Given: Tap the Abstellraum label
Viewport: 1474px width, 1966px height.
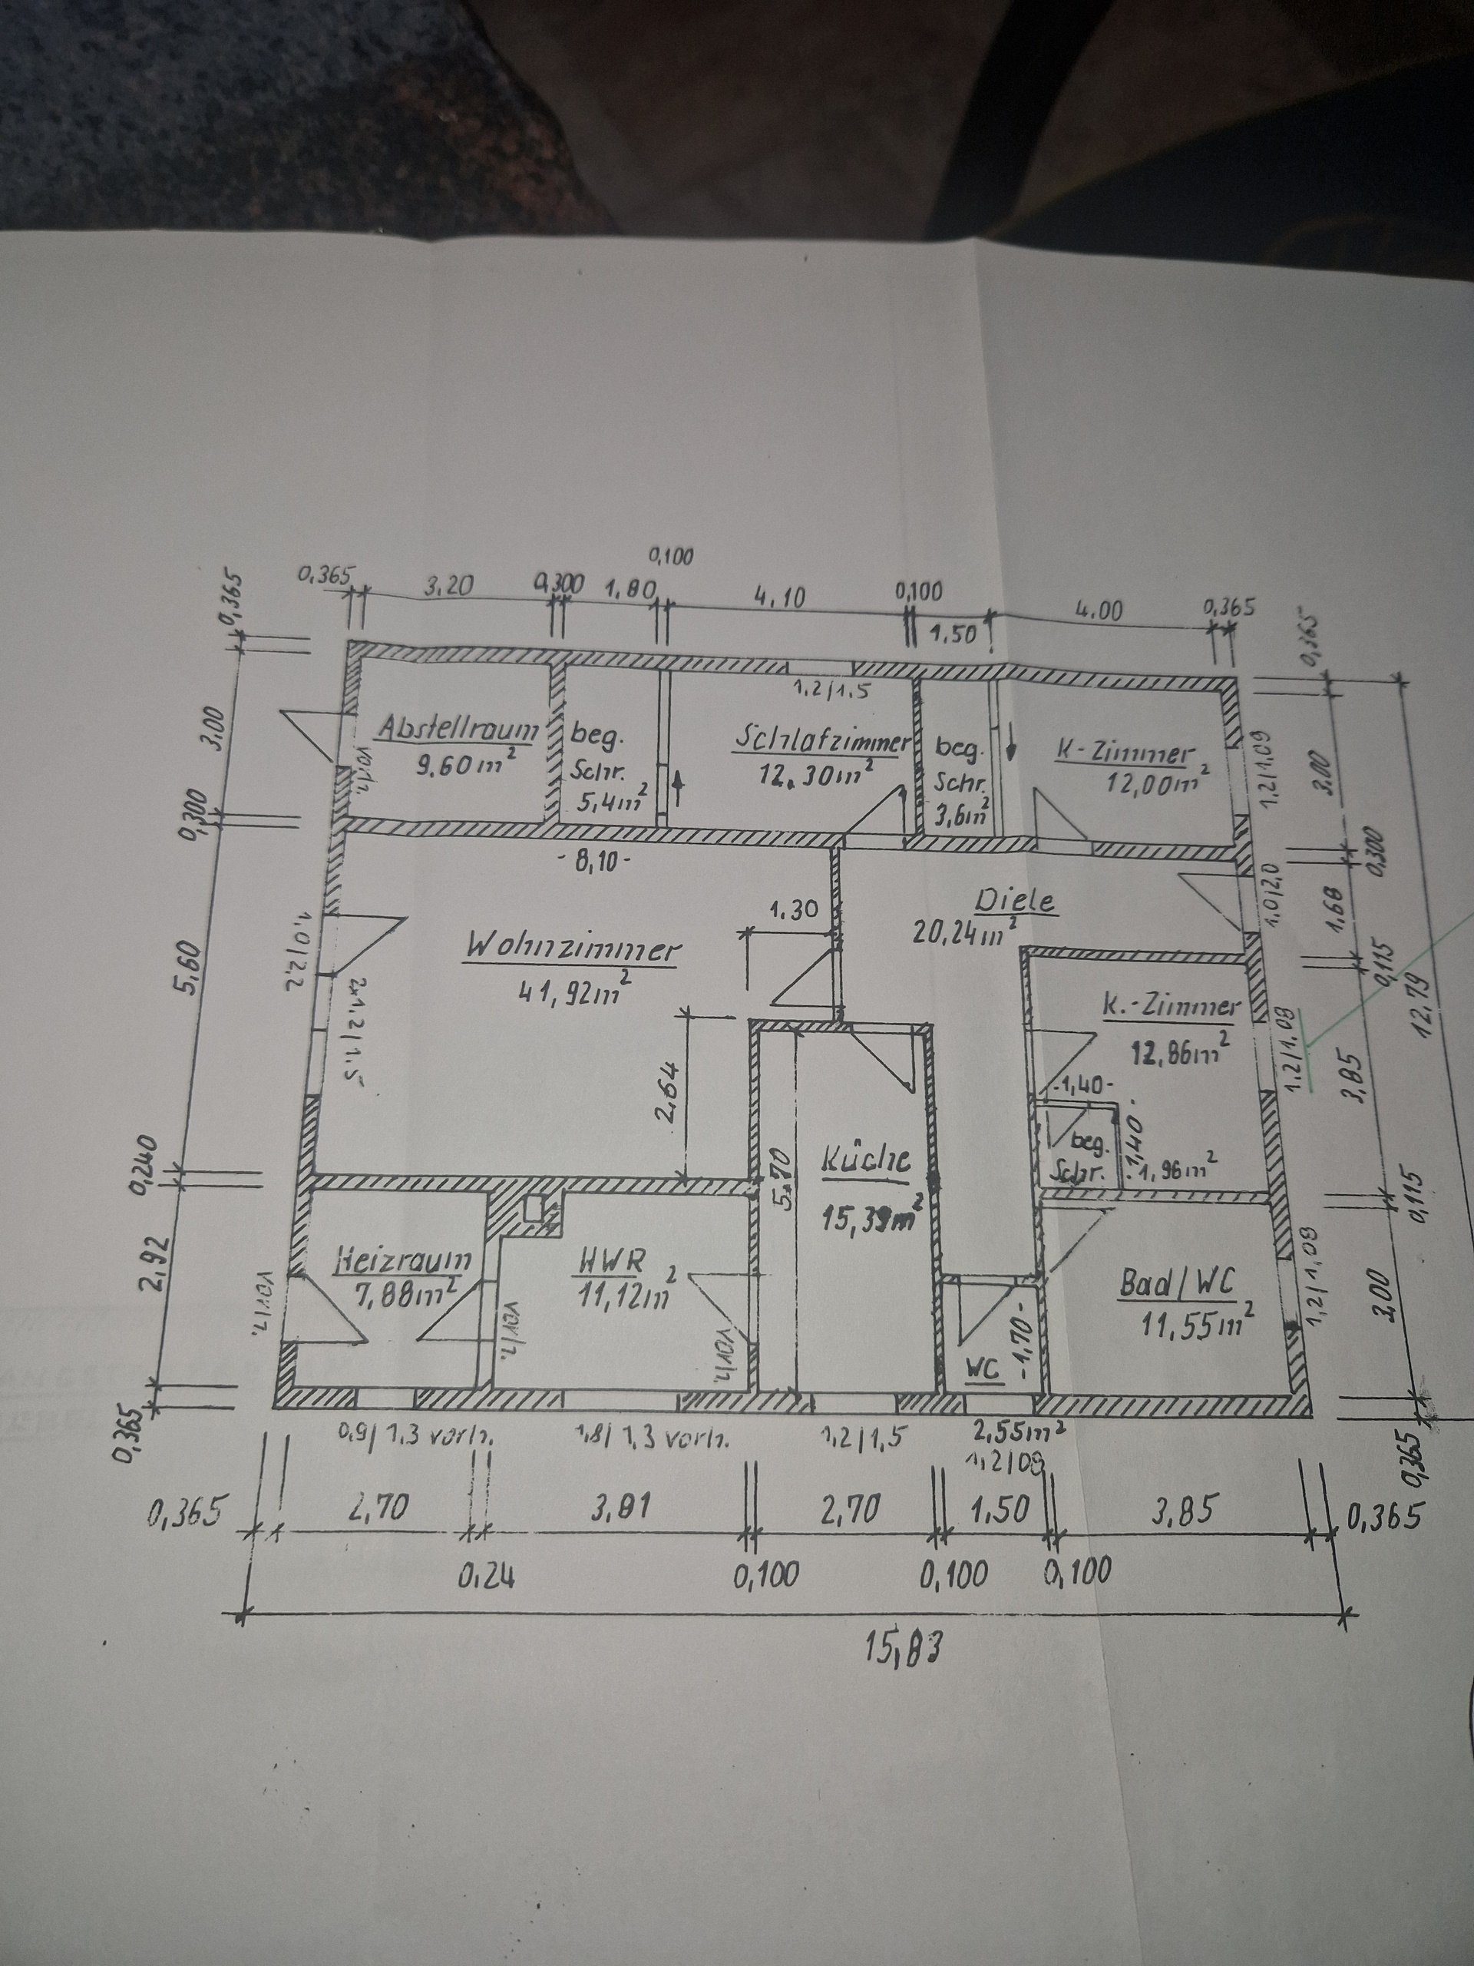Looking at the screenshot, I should pyautogui.click(x=458, y=729).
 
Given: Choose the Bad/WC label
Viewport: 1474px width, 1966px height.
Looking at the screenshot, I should pyautogui.click(x=1177, y=1283).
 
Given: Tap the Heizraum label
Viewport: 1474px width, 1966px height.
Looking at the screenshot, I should pyautogui.click(x=405, y=1260).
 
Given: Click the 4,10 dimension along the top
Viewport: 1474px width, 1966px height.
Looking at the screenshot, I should pyautogui.click(x=779, y=597).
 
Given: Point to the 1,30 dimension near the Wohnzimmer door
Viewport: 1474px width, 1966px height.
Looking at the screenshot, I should pyautogui.click(x=793, y=910).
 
